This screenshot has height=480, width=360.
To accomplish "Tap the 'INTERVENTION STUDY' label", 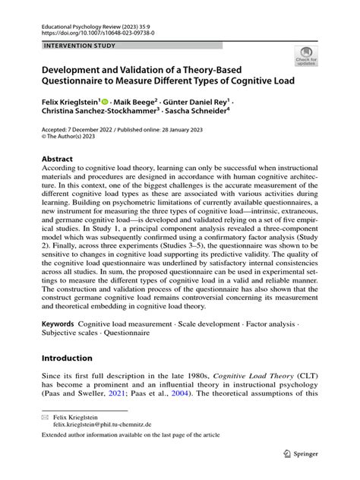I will [70, 46].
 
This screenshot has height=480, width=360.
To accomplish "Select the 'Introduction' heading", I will [67, 358].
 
